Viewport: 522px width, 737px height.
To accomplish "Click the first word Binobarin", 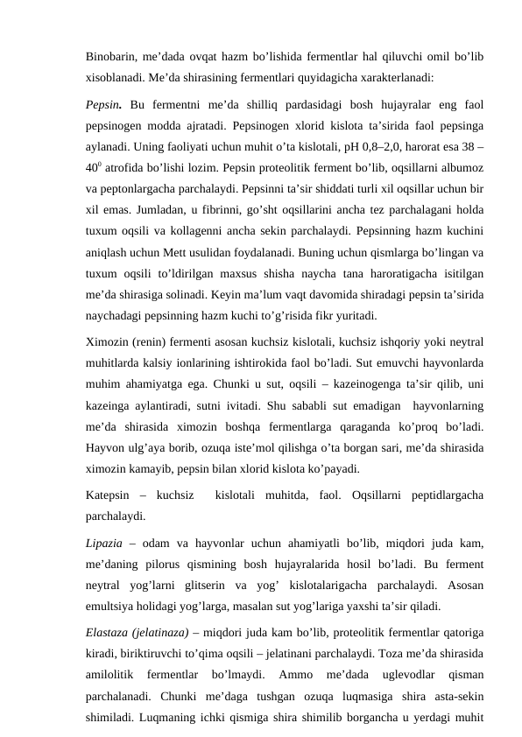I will point(113,57).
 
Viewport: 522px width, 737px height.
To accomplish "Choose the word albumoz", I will point(459,168).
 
